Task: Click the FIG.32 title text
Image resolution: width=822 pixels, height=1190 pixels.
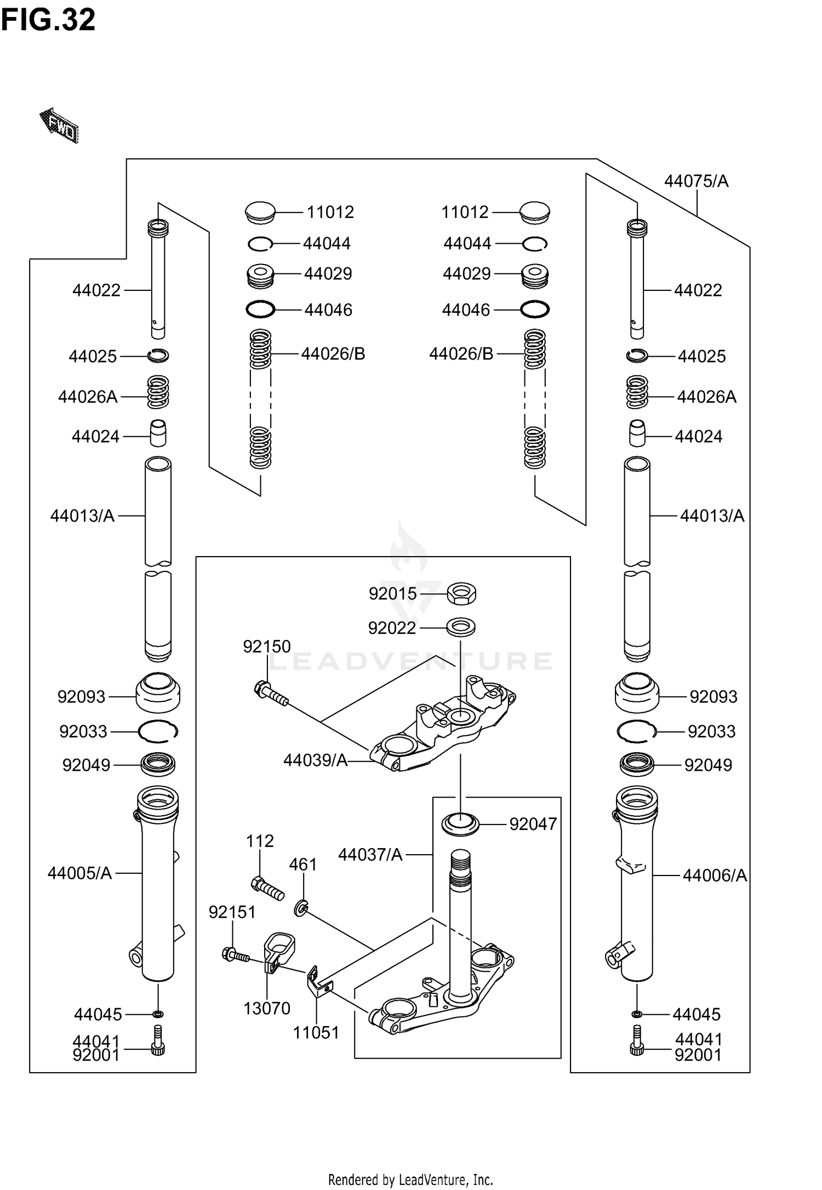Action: (x=48, y=20)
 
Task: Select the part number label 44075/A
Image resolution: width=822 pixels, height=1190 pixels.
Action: (x=696, y=181)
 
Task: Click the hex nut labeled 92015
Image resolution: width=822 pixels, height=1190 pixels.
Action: (x=461, y=594)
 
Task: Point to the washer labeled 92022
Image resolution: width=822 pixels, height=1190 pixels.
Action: (x=461, y=626)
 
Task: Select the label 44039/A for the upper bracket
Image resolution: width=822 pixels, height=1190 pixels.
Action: (x=316, y=760)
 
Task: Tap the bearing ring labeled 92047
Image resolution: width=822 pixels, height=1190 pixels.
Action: (x=460, y=824)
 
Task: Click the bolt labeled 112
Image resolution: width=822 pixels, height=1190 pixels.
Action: (x=267, y=888)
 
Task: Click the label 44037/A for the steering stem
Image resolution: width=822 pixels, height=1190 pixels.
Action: (x=370, y=854)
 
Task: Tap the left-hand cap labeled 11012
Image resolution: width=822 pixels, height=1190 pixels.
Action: (x=260, y=213)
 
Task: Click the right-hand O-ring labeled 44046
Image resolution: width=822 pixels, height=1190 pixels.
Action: (x=534, y=310)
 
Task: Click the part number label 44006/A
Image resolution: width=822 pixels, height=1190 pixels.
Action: (x=715, y=876)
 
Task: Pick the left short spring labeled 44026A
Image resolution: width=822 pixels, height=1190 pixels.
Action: (x=158, y=392)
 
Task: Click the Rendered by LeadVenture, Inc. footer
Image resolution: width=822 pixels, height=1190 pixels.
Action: (x=410, y=1179)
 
